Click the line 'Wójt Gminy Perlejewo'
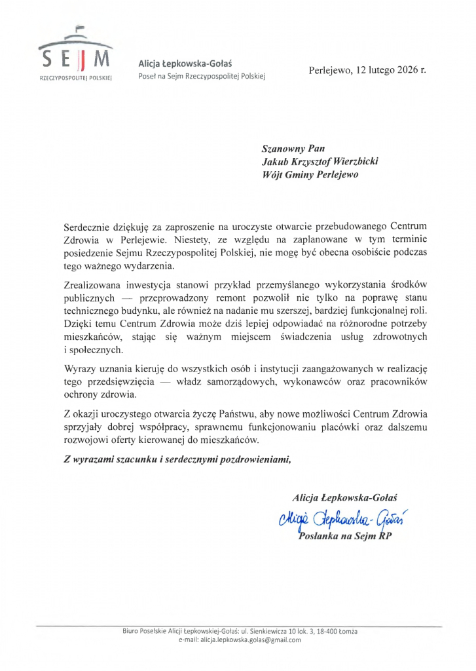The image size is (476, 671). (x=310, y=175)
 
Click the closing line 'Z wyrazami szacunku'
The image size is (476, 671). (x=176, y=459)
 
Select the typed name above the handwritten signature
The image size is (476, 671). (x=345, y=498)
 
